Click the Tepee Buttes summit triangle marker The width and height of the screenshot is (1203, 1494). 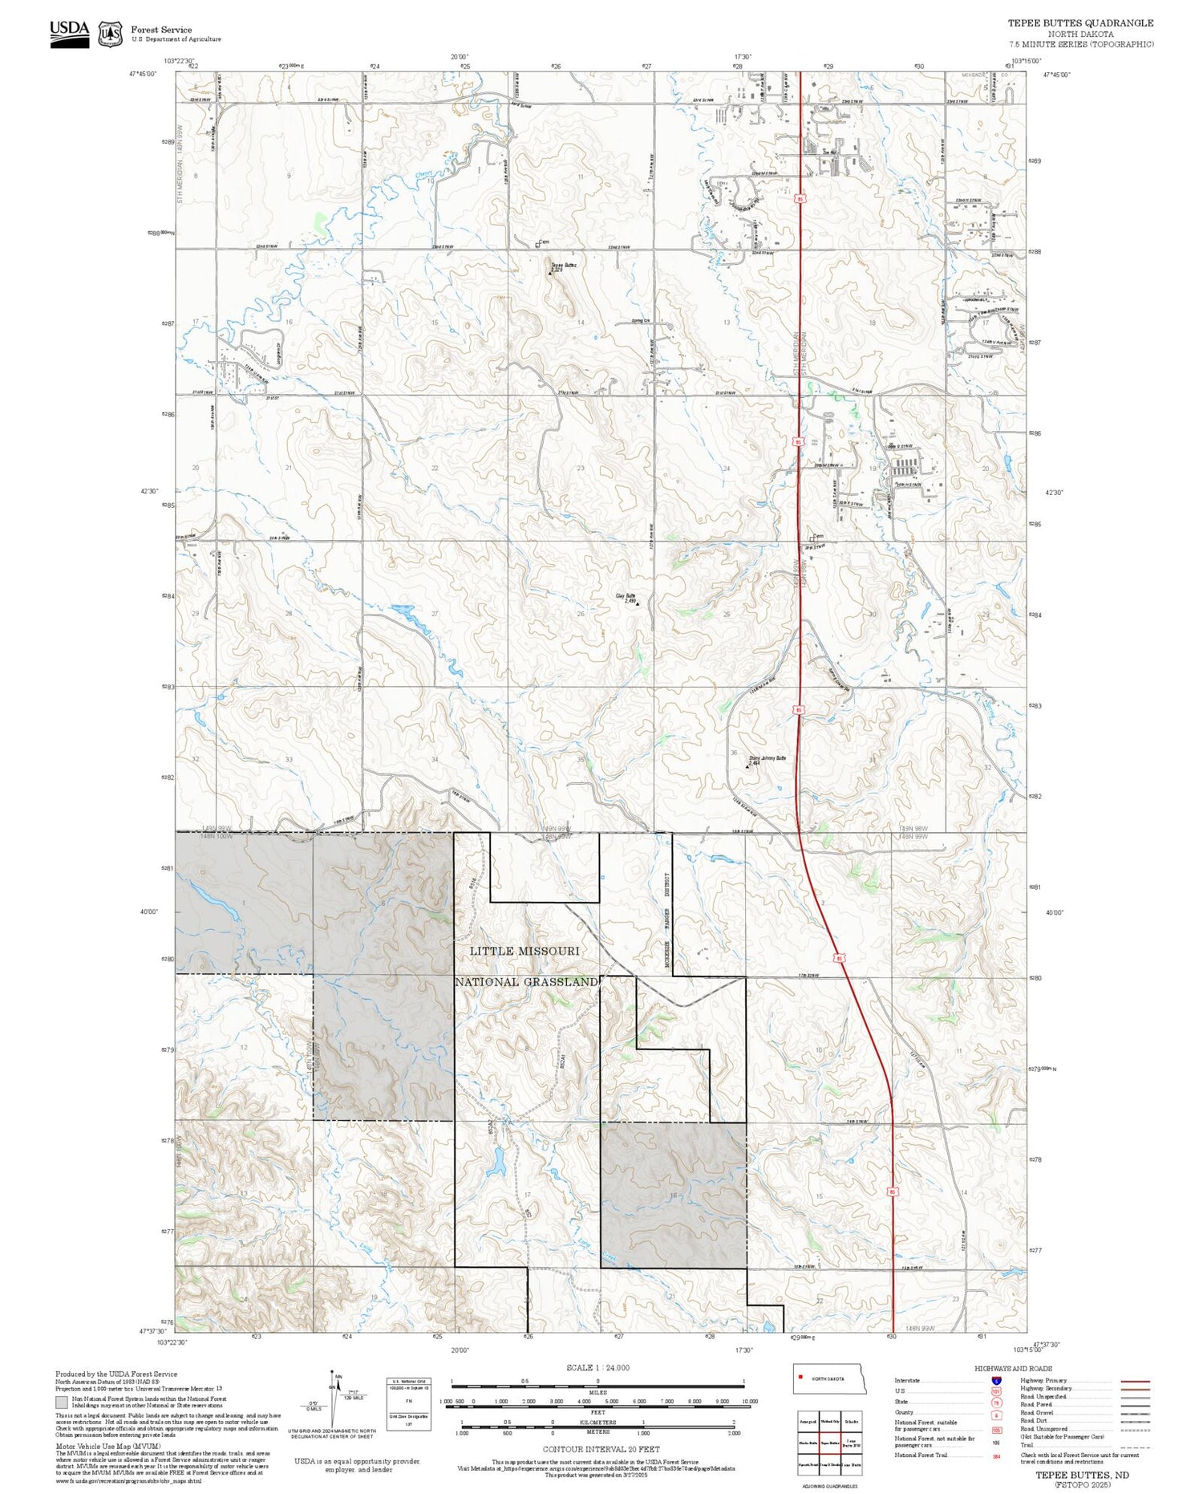pyautogui.click(x=550, y=274)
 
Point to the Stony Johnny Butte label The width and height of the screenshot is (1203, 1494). pyautogui.click(x=768, y=758)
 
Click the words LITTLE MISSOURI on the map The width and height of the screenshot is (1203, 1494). pyautogui.click(x=525, y=951)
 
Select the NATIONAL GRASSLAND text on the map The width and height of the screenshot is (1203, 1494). pyautogui.click(x=526, y=982)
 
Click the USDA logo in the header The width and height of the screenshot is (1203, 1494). pyautogui.click(x=70, y=34)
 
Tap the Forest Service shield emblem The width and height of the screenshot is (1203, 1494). pyautogui.click(x=110, y=34)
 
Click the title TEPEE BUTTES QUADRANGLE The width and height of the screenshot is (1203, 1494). pyautogui.click(x=1080, y=23)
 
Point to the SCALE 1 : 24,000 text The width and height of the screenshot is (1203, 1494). pyautogui.click(x=597, y=1368)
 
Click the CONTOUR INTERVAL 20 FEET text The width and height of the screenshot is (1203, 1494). pyautogui.click(x=601, y=1449)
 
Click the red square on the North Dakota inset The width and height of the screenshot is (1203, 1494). pyautogui.click(x=800, y=1378)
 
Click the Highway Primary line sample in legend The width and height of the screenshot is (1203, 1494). pyautogui.click(x=1131, y=1382)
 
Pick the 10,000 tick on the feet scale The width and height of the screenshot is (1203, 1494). pyautogui.click(x=750, y=1401)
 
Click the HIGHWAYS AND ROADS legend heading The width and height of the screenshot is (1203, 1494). pyautogui.click(x=1013, y=1369)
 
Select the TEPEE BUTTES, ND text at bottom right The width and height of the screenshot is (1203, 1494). pyautogui.click(x=1082, y=1475)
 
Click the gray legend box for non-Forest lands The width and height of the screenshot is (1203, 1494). pyautogui.click(x=62, y=1403)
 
